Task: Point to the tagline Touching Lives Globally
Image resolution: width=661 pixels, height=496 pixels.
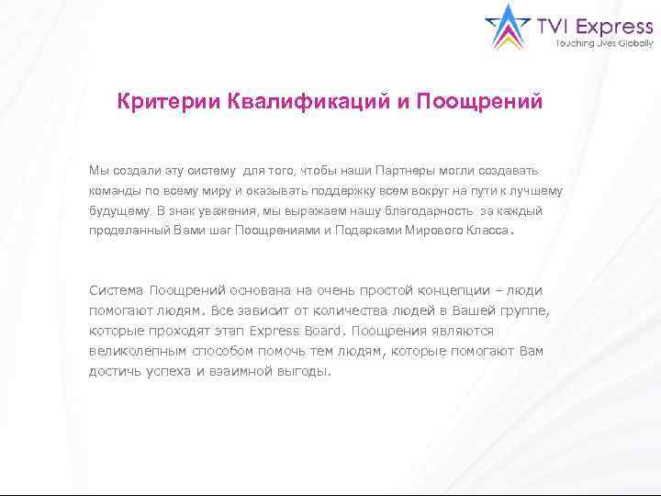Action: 604,43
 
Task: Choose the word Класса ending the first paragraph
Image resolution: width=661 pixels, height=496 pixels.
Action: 486,231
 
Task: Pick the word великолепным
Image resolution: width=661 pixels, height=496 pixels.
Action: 139,351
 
